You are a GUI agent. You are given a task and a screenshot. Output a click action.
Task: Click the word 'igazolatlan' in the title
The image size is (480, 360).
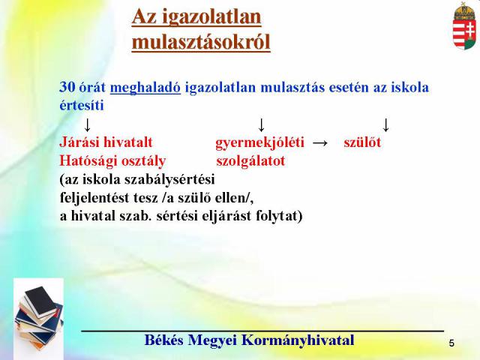click(x=211, y=17)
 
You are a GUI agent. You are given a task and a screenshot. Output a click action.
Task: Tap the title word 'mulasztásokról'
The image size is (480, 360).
click(x=201, y=42)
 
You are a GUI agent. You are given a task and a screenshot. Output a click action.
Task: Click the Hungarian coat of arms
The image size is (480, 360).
click(x=464, y=26)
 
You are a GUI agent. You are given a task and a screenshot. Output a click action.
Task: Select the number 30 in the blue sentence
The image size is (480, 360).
click(x=67, y=87)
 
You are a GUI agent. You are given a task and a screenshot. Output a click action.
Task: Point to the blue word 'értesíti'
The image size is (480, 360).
click(x=82, y=105)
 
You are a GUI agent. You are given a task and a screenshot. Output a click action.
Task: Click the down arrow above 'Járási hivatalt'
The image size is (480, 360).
click(x=87, y=125)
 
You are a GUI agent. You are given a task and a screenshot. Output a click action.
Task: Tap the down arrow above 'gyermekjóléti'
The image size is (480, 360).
click(x=261, y=125)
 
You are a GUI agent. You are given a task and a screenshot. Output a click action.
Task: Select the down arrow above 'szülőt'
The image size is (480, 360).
click(x=386, y=125)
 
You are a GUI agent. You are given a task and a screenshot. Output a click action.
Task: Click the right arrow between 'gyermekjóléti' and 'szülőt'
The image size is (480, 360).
click(x=320, y=143)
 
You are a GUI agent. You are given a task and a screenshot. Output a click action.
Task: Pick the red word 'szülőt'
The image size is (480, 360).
click(x=362, y=142)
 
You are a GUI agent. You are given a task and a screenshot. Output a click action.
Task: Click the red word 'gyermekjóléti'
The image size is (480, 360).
click(x=260, y=143)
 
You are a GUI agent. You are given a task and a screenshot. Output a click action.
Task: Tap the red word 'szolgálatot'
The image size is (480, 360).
click(x=250, y=161)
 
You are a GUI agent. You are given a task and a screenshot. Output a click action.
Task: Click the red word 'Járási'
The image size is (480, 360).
click(x=79, y=142)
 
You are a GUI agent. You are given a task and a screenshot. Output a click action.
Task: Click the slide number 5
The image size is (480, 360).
click(x=451, y=343)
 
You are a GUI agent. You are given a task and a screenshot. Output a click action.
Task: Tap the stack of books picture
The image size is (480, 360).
click(x=39, y=318)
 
